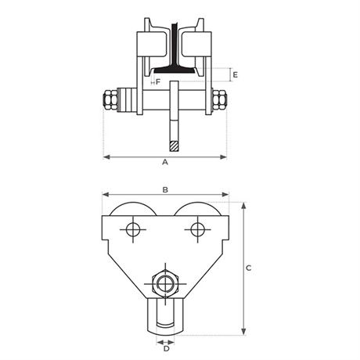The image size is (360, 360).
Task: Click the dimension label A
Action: (x=165, y=162)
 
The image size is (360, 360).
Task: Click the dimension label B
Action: (x=165, y=190)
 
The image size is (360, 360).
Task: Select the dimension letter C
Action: (x=249, y=268)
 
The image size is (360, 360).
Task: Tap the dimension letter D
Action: (x=166, y=349)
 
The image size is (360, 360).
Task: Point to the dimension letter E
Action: (x=236, y=75)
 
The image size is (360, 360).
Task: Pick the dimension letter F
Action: (x=158, y=82)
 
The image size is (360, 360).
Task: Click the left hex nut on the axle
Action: (x=110, y=100)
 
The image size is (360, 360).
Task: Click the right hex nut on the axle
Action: (x=220, y=100)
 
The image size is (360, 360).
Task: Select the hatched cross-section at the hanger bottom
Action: (x=174, y=146)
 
